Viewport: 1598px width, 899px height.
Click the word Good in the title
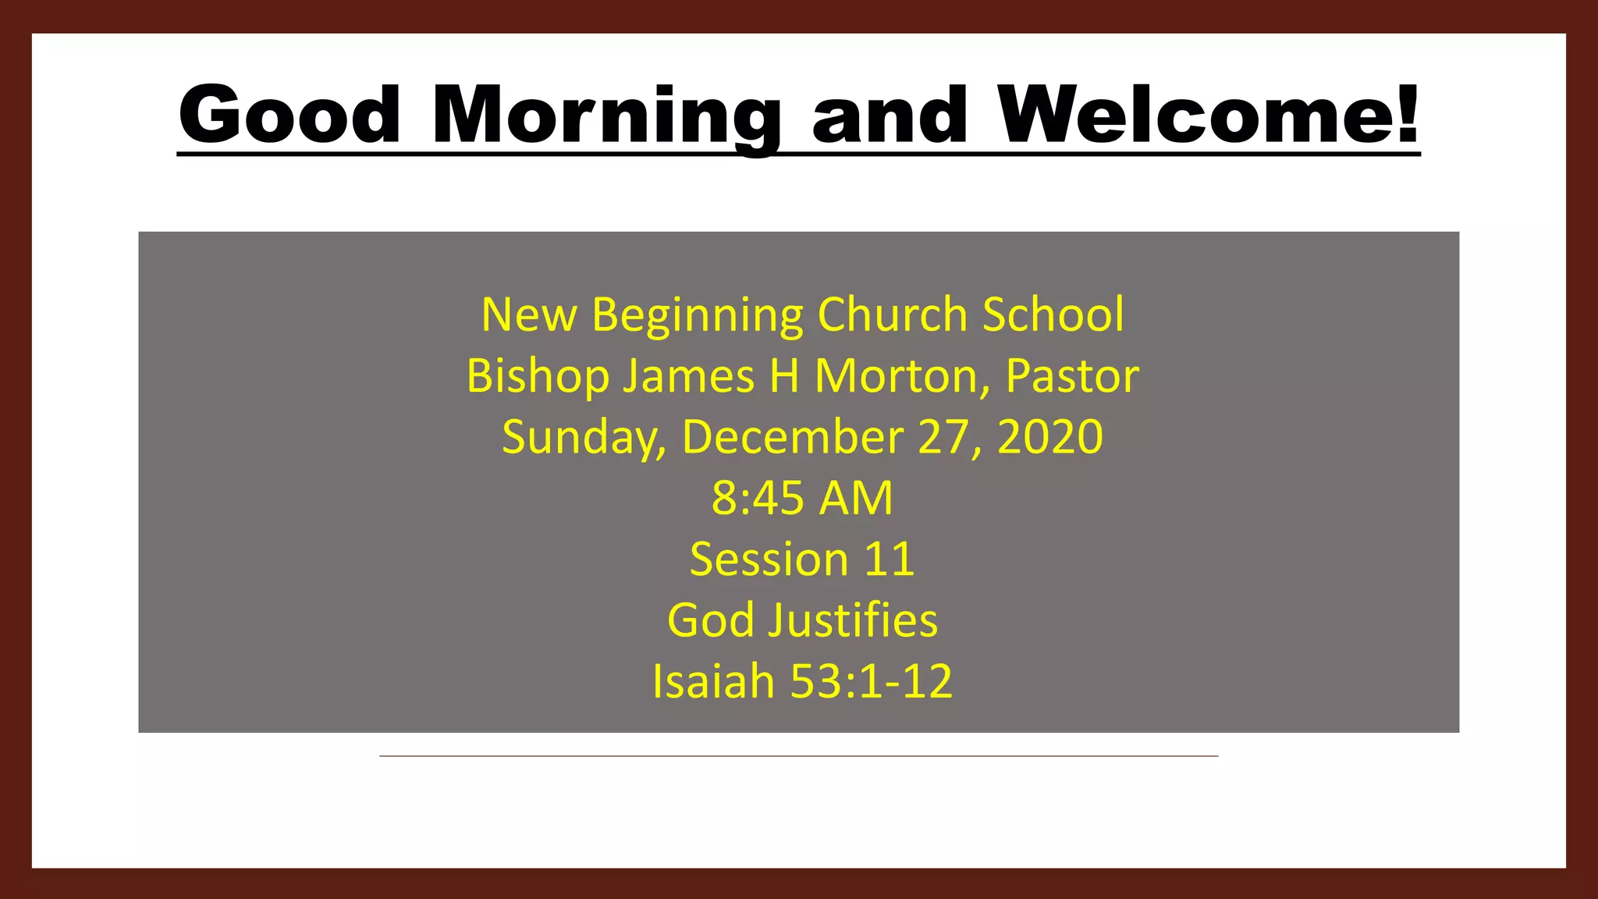pos(289,115)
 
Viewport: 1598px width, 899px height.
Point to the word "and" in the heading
pos(890,115)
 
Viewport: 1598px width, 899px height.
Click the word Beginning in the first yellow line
pos(698,315)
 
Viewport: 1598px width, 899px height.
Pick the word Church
pos(893,314)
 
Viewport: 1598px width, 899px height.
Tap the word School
pos(1053,314)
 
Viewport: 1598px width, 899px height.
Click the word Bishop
pos(538,377)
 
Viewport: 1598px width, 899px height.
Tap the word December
pos(792,437)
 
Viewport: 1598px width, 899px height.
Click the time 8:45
pos(758,498)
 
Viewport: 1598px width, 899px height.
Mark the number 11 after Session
pos(889,560)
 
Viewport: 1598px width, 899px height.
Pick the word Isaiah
pos(713,681)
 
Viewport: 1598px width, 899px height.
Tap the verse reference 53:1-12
pos(872,681)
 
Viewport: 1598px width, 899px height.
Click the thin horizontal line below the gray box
pos(798,755)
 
